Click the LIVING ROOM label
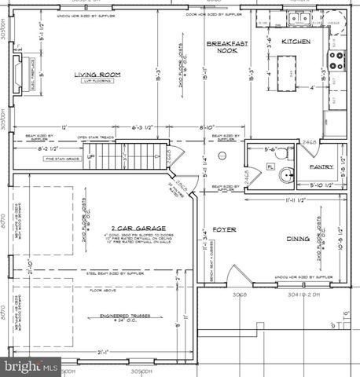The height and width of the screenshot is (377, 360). point(97,75)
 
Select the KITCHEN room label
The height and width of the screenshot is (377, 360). point(296,41)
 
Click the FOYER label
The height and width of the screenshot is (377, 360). point(229,229)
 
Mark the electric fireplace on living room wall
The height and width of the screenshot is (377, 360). point(20,70)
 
